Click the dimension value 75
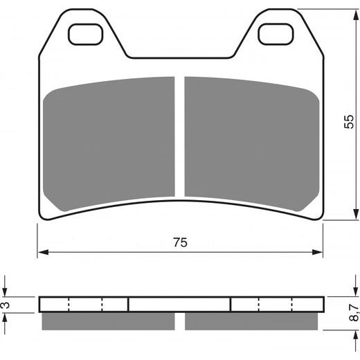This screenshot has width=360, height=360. coord(181,242)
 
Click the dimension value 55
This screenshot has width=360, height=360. coord(348,122)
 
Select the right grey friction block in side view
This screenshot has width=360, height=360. coord(251,321)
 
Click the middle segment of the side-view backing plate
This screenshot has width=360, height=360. coord(180,305)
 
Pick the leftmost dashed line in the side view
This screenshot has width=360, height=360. coord(69,305)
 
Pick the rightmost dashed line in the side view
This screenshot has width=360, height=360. coord(292,305)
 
